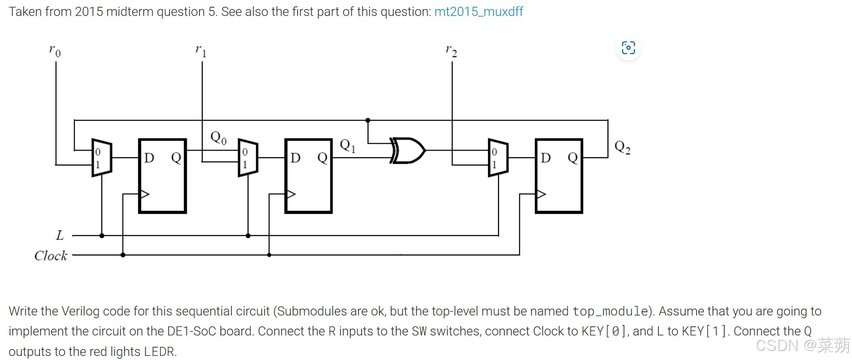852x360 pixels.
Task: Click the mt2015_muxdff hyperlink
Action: (478, 12)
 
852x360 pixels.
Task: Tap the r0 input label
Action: (55, 50)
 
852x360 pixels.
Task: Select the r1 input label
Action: (201, 50)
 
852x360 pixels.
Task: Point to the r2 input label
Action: (451, 50)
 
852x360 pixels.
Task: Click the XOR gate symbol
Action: (408, 150)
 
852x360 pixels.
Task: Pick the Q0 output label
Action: (218, 137)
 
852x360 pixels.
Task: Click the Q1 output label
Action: (348, 146)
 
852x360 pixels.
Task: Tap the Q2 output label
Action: (622, 147)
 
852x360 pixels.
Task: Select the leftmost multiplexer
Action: (102, 158)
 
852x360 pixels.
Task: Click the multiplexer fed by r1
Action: (248, 158)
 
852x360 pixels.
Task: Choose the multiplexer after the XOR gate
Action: (498, 158)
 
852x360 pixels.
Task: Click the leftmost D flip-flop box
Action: (163, 176)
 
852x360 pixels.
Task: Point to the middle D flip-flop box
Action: (309, 176)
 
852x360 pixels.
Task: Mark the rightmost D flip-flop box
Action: (559, 176)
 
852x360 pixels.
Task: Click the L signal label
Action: (60, 235)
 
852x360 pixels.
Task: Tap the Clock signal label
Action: (50, 255)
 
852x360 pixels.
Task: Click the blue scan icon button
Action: (628, 48)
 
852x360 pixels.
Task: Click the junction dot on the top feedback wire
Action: (368, 120)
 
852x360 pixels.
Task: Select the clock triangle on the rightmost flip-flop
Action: (541, 194)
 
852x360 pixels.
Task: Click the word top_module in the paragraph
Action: (610, 311)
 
